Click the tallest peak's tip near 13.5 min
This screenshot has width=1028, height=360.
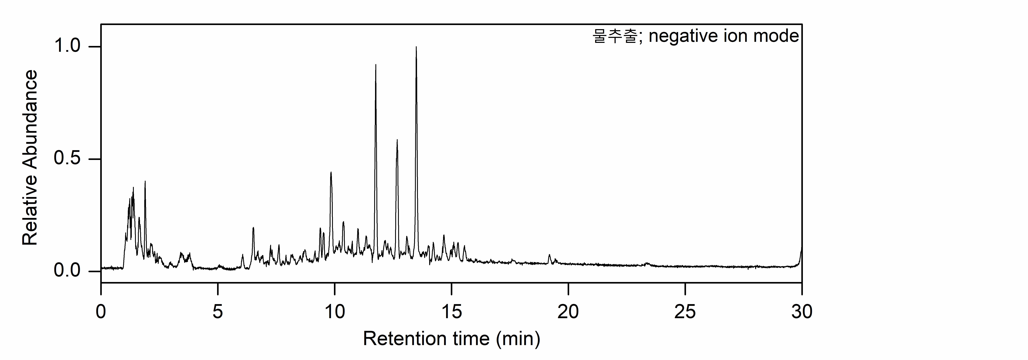[416, 47]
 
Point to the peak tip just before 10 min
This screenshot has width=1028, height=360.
[331, 172]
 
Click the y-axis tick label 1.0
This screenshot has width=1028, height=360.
[67, 46]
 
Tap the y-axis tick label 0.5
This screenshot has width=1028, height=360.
[67, 159]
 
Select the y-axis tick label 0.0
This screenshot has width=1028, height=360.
[67, 271]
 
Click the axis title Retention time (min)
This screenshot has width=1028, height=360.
[451, 339]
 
